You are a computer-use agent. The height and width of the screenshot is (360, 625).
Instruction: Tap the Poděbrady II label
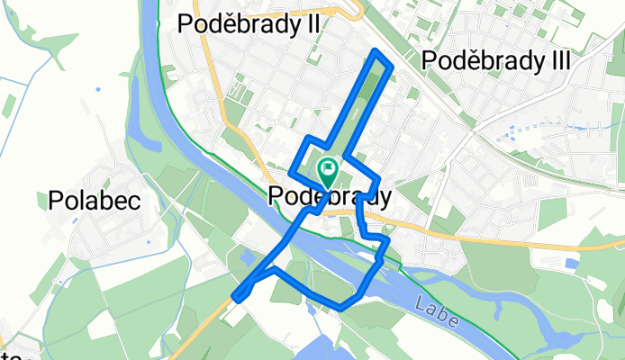(249, 25)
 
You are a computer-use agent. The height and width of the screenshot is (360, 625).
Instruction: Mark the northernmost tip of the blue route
(376, 53)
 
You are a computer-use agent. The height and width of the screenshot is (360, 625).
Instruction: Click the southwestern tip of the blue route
(236, 298)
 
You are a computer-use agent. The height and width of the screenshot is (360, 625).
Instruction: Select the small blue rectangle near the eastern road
(571, 263)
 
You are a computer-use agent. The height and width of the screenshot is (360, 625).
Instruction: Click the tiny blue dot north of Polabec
(97, 88)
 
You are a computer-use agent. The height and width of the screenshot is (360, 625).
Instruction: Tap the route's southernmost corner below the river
(341, 308)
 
